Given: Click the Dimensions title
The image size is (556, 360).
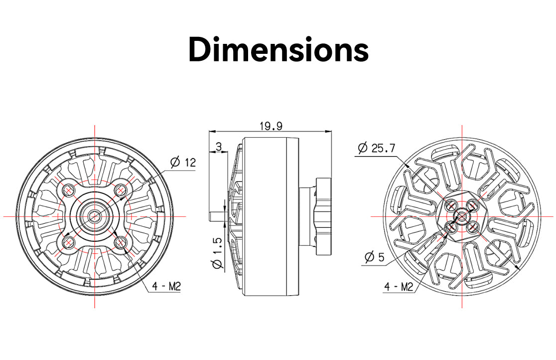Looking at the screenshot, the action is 278,50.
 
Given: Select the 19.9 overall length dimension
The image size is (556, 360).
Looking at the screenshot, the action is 271,126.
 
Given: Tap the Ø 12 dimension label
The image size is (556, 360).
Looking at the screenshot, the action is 183,163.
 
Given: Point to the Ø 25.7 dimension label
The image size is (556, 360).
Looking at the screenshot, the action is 376,148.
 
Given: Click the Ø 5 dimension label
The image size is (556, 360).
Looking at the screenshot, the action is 375,257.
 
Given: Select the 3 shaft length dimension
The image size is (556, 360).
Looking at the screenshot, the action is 218,146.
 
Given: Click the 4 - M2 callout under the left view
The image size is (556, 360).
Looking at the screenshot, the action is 166,286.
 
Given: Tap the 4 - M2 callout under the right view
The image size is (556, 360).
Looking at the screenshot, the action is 399,286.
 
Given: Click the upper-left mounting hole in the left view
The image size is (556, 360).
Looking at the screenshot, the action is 68,190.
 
